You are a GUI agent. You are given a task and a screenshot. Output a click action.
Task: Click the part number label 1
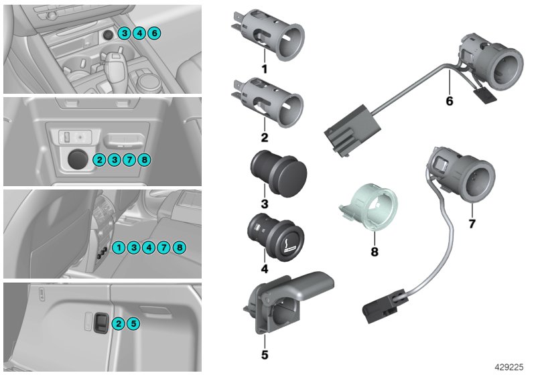coord(264,68)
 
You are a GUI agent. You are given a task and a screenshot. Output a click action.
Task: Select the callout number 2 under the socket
coord(264,138)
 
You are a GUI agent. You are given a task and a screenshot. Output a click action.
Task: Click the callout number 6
coord(449,101)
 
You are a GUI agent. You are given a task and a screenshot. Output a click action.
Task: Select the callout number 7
coord(472,224)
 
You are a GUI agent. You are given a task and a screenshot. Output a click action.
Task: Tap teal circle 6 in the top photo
coord(154,33)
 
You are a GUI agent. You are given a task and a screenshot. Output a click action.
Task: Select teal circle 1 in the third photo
coord(118,248)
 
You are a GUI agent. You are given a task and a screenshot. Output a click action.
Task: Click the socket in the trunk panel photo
coord(100,321)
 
